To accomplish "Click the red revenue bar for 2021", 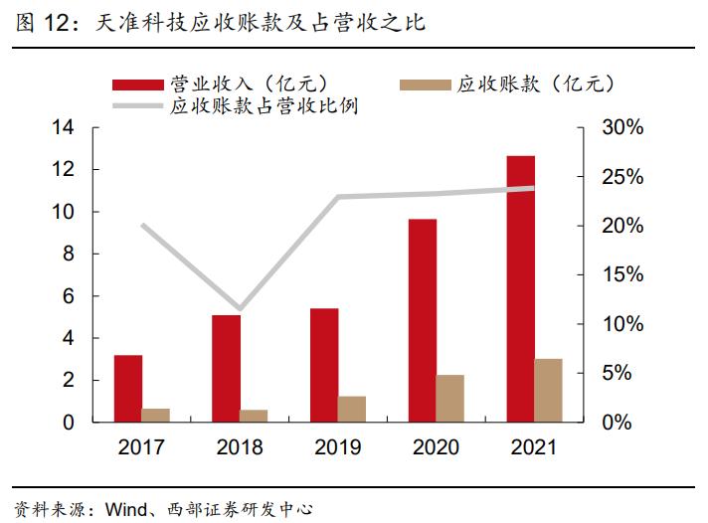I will [520, 288].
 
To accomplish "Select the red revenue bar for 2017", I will [128, 388].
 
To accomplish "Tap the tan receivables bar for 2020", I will [449, 398].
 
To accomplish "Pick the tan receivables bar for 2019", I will [352, 409].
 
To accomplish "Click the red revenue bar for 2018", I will [226, 368].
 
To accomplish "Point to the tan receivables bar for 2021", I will [548, 390].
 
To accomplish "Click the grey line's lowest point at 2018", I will [239, 309].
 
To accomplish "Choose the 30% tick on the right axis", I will [623, 128].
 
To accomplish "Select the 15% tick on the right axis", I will [623, 275].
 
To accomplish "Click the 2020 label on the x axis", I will [436, 447].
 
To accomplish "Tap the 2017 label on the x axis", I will [142, 447].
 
